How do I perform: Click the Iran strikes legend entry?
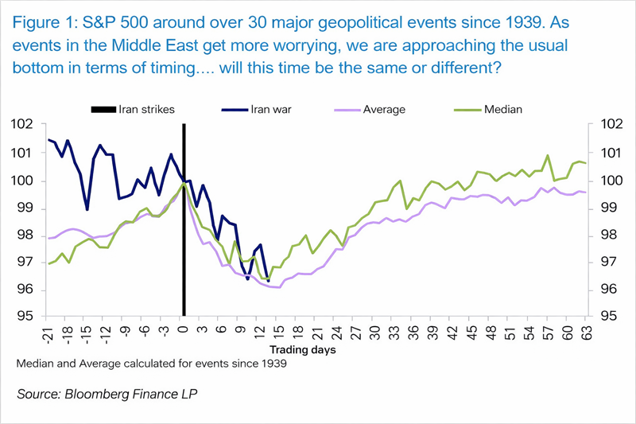tap(142, 109)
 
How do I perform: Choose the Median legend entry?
tap(502, 109)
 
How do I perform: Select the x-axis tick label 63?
tap(586, 328)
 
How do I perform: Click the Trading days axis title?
tap(301, 349)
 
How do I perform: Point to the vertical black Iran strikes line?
tap(184, 239)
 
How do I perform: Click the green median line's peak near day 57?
tap(548, 156)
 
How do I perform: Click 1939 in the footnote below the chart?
tap(272, 364)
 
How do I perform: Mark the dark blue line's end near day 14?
tap(268, 281)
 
